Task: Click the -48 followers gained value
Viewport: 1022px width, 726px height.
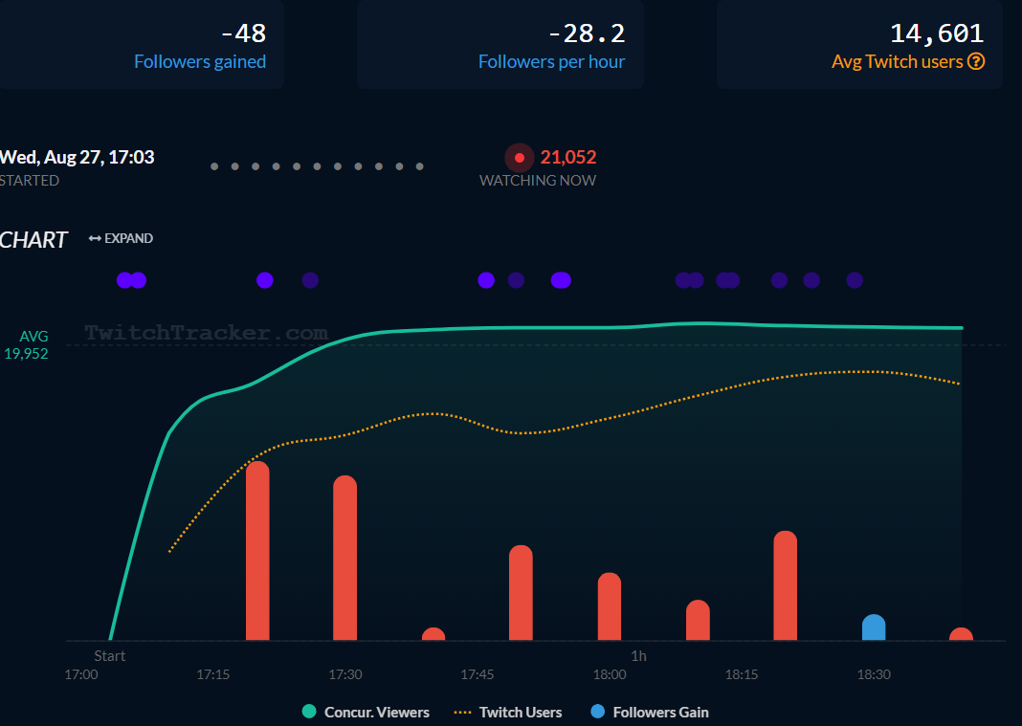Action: coord(243,33)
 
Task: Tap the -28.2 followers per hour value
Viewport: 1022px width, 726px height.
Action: coord(586,33)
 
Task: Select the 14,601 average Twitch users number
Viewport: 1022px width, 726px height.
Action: coord(937,33)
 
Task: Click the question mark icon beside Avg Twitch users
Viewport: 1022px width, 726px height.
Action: coord(976,61)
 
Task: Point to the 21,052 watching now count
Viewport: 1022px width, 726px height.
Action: coord(568,157)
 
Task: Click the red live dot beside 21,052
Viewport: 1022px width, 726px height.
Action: coord(520,158)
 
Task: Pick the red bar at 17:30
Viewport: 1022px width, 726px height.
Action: coord(345,559)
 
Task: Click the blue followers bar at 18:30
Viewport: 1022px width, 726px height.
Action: coord(874,628)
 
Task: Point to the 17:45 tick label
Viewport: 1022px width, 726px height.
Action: coord(478,674)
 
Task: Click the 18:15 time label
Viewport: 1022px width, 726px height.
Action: coord(742,674)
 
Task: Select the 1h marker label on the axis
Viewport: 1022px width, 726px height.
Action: coord(638,656)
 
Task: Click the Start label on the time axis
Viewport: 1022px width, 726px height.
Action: coord(110,656)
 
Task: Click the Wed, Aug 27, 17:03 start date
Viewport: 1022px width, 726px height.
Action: coord(77,157)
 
